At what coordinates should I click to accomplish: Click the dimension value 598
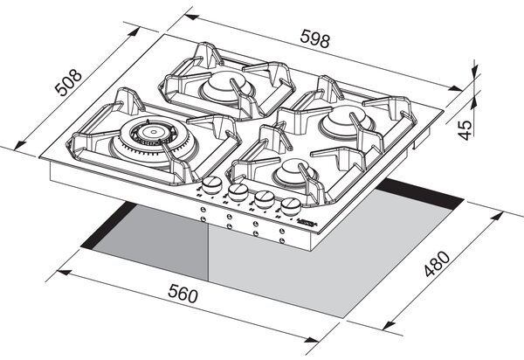(x=314, y=38)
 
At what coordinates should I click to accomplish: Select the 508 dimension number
(x=68, y=82)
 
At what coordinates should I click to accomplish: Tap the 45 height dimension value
(x=465, y=129)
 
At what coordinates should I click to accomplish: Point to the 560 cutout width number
(x=183, y=293)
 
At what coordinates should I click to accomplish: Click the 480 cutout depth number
(x=438, y=264)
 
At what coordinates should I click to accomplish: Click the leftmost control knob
(x=212, y=185)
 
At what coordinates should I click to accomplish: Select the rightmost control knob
(x=291, y=206)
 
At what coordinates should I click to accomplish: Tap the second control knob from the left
(x=238, y=192)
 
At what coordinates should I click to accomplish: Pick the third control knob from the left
(x=265, y=199)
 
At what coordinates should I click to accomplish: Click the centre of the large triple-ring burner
(x=153, y=132)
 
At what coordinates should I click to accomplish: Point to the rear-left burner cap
(x=225, y=86)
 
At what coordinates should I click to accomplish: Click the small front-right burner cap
(x=294, y=170)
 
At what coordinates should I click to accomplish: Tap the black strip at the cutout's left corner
(x=107, y=226)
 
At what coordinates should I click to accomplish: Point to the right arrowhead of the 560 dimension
(x=312, y=340)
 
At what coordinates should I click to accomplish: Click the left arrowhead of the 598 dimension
(x=191, y=17)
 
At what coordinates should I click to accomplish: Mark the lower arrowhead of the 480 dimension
(x=389, y=324)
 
